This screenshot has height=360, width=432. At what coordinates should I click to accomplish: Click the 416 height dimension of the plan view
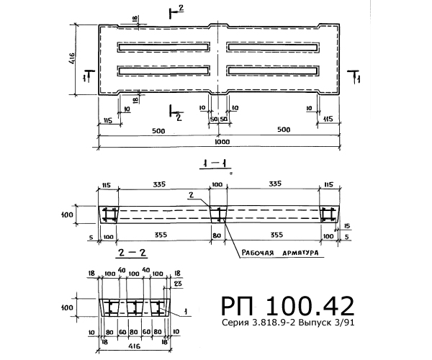tap(71, 58)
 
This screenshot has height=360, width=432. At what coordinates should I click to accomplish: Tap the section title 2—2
tap(132, 253)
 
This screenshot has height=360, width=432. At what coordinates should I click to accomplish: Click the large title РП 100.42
tap(287, 306)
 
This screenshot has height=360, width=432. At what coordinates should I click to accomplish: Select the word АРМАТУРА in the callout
tap(300, 253)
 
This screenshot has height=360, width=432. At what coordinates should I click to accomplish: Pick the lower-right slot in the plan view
tap(273, 71)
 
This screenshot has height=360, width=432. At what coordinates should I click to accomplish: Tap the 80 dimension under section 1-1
tap(217, 235)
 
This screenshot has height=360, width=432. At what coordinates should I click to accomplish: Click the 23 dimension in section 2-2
tap(179, 284)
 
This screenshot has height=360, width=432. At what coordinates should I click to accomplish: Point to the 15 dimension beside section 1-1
tap(346, 226)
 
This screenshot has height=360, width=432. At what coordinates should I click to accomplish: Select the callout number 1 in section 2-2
tap(186, 312)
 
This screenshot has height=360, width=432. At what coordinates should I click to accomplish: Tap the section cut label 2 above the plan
tap(181, 8)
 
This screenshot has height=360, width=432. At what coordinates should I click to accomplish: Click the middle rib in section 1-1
tap(218, 215)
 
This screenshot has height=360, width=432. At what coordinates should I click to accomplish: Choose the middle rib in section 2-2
tap(135, 307)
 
